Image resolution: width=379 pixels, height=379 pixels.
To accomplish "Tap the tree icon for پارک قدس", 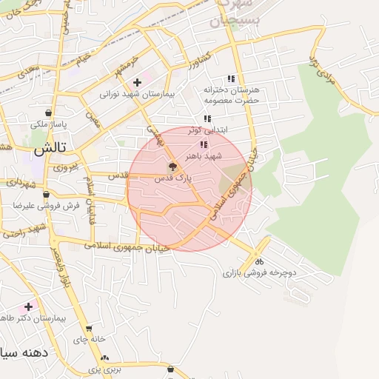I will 172,167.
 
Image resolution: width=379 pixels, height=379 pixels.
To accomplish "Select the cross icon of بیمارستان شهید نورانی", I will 137,82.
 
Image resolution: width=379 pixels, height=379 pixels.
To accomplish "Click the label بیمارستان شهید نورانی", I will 137,94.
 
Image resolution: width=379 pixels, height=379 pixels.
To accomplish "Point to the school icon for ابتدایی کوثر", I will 207,118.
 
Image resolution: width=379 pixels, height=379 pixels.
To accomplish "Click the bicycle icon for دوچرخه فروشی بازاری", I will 259,261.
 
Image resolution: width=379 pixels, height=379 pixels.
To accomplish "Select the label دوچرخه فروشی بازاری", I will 259,273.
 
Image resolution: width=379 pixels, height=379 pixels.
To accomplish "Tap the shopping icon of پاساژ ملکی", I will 48,113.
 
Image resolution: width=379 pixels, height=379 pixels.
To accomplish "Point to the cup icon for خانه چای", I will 89,329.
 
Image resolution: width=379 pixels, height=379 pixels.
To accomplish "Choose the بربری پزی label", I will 104,368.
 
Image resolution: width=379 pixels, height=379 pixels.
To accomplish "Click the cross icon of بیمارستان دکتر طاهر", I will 29,306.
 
